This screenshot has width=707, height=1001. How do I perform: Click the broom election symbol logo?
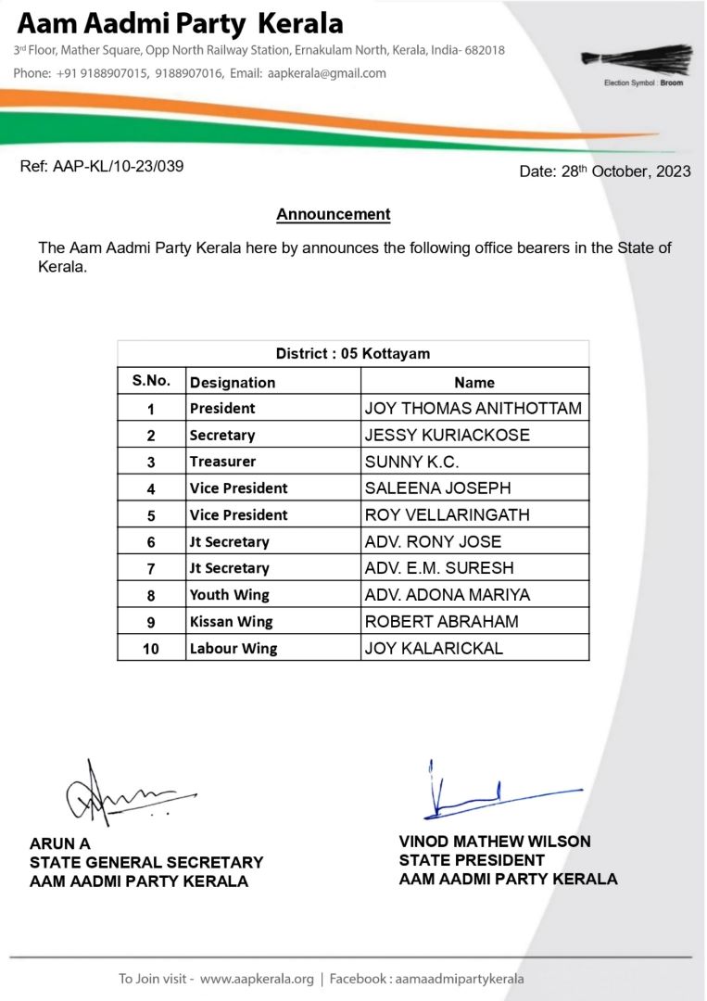point(637,59)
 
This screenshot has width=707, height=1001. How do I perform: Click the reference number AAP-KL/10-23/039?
point(101,167)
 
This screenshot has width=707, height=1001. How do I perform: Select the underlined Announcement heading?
point(334,215)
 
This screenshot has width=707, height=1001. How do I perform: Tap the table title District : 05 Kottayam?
point(352,354)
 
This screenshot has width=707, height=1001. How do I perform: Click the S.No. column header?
point(151,381)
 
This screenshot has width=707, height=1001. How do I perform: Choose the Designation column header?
point(233,382)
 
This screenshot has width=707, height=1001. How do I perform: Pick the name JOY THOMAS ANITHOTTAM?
point(473,408)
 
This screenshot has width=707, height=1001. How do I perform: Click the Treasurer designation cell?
point(222,462)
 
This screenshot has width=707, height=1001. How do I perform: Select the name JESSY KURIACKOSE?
point(448,435)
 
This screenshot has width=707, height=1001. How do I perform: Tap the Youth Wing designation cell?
point(230,595)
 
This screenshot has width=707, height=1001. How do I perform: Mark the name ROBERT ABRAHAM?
point(442,622)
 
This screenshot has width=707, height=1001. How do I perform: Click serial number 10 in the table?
point(151,649)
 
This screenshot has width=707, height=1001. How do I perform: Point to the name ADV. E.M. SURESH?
point(439,568)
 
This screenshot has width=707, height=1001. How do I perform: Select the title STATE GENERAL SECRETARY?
point(146,863)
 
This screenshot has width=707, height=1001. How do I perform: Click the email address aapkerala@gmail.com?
point(326,73)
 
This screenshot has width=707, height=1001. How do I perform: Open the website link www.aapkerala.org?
point(257,979)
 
